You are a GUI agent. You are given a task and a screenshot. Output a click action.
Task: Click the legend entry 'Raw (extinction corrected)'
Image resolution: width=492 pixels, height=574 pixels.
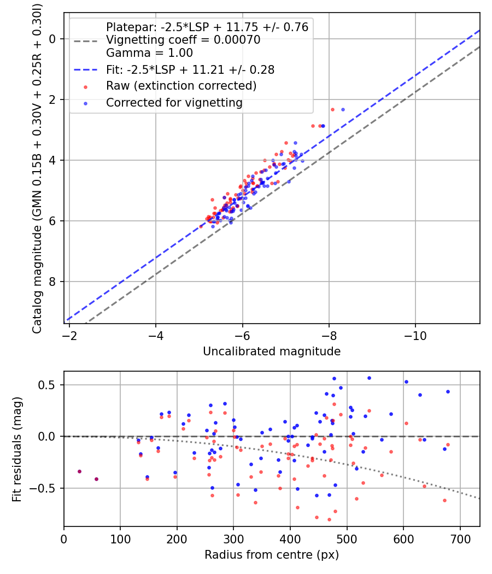tap(181, 86)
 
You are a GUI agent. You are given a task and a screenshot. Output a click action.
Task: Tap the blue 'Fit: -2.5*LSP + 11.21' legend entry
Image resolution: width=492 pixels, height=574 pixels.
tap(190, 69)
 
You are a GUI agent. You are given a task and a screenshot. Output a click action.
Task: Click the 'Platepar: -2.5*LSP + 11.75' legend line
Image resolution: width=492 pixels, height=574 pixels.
tap(207, 27)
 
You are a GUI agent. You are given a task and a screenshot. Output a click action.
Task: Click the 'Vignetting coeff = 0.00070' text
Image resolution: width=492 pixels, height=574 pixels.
tap(183, 40)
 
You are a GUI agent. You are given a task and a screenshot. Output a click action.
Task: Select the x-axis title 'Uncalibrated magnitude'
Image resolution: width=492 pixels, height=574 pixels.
tap(272, 352)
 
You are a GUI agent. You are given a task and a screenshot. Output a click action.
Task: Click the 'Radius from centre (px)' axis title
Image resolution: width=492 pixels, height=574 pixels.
tap(272, 555)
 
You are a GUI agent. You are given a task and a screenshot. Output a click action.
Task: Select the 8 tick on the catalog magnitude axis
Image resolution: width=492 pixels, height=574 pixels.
tap(53, 282)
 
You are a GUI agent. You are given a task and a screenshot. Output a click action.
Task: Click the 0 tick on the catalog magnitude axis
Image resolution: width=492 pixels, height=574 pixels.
tap(53, 39)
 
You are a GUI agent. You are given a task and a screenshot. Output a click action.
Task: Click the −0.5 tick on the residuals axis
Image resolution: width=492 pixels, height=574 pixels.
tap(46, 488)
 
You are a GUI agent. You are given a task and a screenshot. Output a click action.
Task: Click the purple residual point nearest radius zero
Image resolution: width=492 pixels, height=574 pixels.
tap(79, 471)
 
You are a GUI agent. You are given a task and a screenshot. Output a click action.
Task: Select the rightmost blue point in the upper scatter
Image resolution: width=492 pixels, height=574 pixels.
tap(343, 109)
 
